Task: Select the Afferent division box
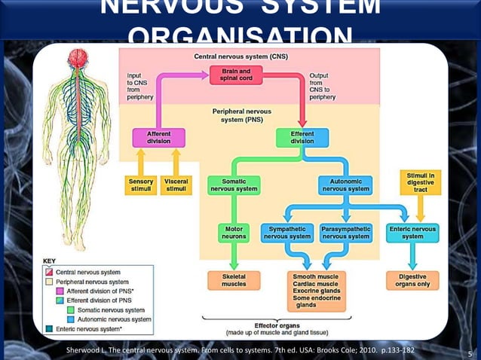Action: coord(158,138)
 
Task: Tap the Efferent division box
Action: coord(302,138)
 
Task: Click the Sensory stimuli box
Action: coord(140,185)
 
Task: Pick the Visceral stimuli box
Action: coord(176,185)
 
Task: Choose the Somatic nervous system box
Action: coord(234,185)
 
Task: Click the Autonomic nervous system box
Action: coord(345,185)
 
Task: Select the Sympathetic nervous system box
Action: coord(287,232)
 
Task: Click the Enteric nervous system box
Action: coord(412,232)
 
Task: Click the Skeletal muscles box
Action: coord(234,280)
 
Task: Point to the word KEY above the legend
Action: coord(48,261)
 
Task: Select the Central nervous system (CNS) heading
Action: coord(240,56)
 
